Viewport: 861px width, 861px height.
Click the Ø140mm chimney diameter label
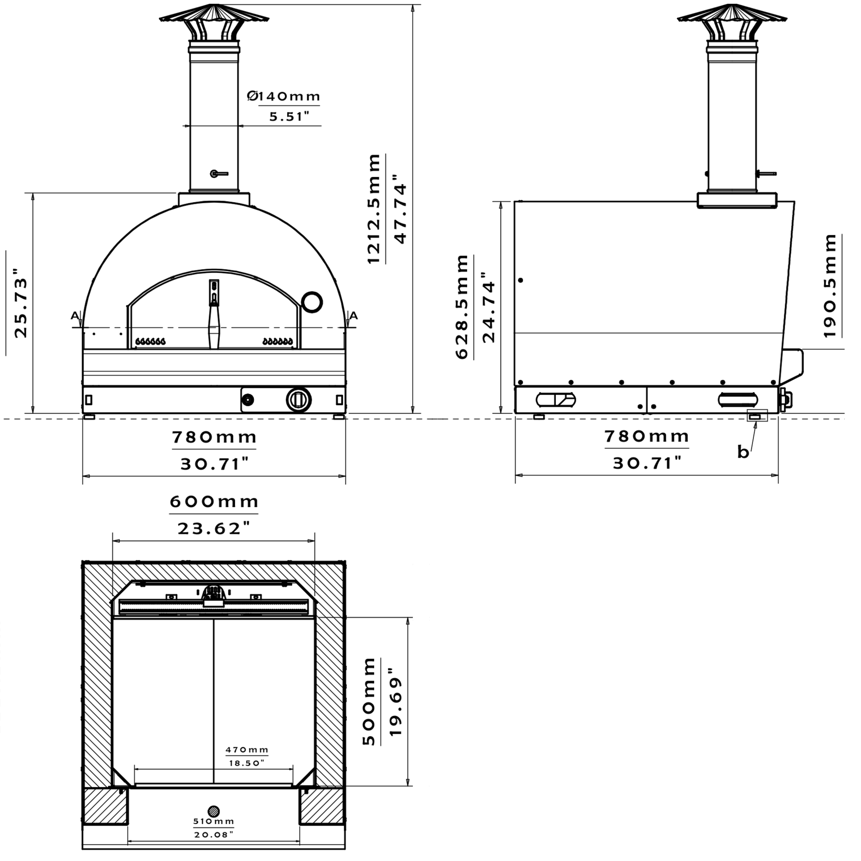click(284, 96)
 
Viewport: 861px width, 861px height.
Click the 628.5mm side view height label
click(461, 307)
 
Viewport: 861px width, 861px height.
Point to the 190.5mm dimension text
click(830, 286)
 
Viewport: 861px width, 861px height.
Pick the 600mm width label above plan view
click(214, 502)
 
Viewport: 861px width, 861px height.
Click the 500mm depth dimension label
click(369, 701)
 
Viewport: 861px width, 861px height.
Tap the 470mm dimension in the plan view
click(247, 750)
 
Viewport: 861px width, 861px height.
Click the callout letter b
click(743, 452)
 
